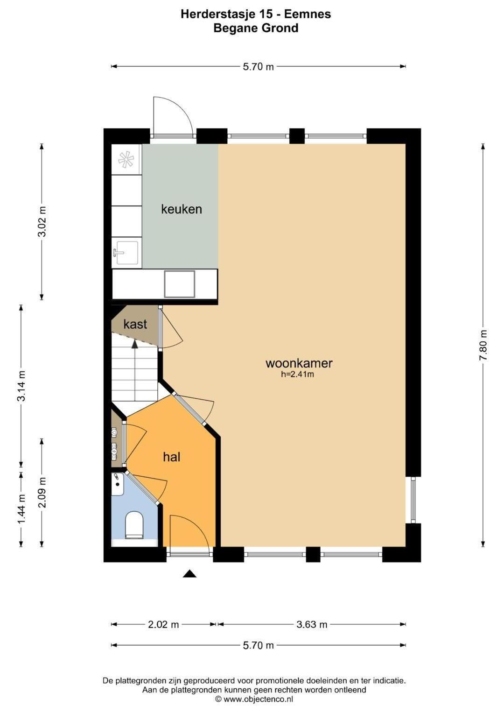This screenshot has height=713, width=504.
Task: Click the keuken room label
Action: coord(182,209)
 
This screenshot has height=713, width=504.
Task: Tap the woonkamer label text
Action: coord(299,363)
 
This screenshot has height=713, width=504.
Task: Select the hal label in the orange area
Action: coord(172,457)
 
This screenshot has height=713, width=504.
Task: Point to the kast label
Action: coord(135,324)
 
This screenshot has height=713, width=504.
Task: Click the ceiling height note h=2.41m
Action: coord(297,374)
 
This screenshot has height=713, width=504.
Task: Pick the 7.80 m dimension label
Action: coord(483,345)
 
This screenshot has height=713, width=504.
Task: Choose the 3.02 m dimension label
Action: coord(42,221)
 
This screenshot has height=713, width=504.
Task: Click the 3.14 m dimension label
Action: coord(21,386)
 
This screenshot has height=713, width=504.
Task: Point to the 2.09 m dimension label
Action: coord(42,493)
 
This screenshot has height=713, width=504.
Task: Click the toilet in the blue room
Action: coord(134,525)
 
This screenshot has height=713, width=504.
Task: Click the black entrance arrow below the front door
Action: coord(189,573)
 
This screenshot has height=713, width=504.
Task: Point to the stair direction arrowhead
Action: coord(135,344)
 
